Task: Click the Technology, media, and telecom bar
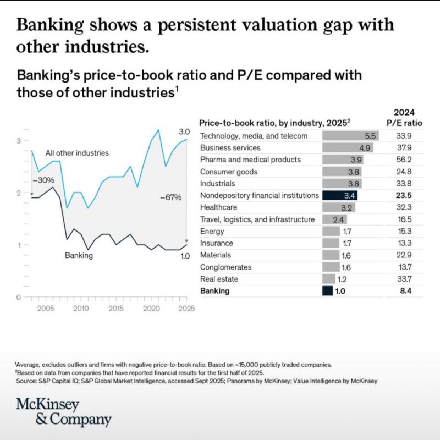[x=350, y=136]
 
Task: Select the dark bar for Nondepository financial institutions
[x=340, y=195]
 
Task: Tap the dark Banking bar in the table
[x=327, y=291]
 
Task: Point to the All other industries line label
[x=77, y=152]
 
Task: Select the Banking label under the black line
[x=79, y=255]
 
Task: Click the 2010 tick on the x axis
[x=81, y=309]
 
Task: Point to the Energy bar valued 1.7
[x=331, y=231]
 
